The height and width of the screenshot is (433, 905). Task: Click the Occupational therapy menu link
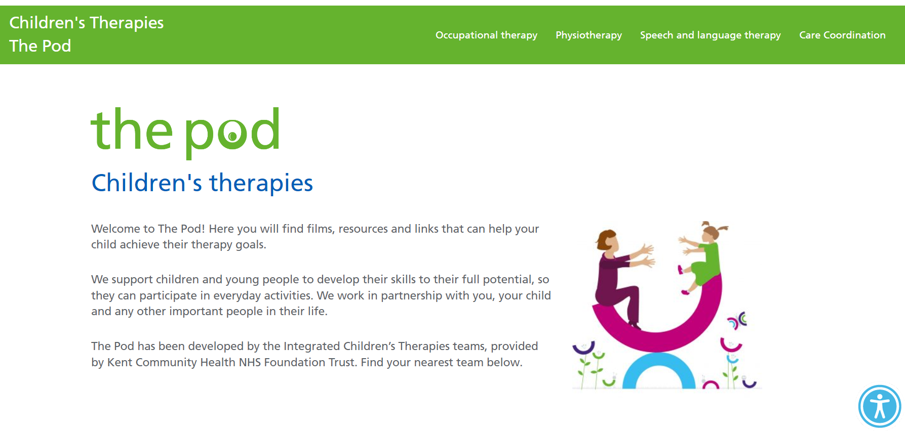pos(486,35)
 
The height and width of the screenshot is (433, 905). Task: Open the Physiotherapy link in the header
pos(588,35)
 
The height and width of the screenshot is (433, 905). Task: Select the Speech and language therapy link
pos(710,35)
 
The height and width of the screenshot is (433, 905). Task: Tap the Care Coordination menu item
pos(842,35)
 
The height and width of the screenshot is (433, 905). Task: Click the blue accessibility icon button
pos(880,406)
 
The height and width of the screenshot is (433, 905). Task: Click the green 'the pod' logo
pos(185,133)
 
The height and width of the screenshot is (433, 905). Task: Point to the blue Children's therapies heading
pos(202,183)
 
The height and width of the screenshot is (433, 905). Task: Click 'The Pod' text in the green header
pos(40,46)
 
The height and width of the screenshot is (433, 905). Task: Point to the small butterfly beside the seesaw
pos(737,321)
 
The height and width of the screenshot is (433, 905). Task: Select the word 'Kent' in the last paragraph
pos(120,362)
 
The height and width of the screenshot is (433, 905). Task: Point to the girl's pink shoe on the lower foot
pos(685,292)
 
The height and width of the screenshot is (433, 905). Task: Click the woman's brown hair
pos(606,239)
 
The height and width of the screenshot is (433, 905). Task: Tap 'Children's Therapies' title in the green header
pos(87,23)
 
